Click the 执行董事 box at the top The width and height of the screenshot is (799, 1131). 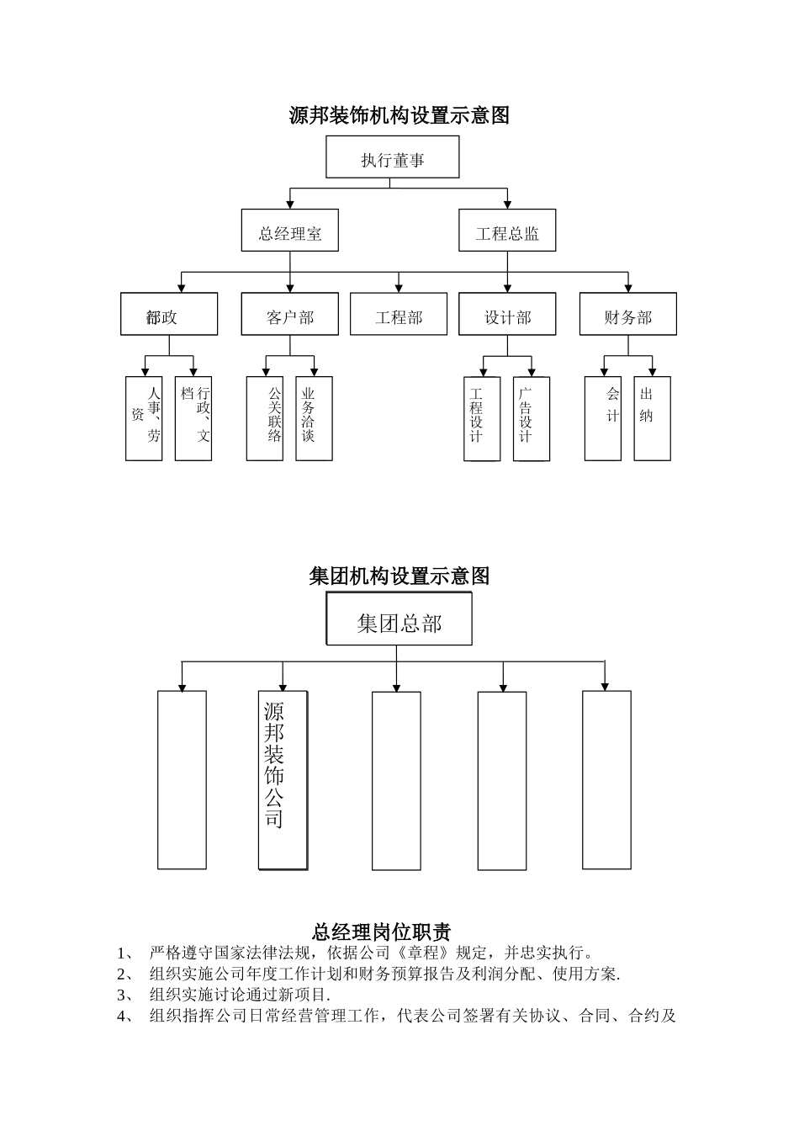393,158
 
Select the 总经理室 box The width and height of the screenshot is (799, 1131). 290,231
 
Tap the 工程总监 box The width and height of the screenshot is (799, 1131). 507,231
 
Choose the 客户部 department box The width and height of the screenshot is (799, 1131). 290,315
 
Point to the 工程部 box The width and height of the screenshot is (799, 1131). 399,315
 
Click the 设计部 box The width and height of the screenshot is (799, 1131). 507,315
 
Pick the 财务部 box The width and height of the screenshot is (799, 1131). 628,315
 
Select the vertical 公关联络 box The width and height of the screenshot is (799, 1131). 265,418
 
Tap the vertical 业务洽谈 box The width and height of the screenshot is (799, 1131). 315,418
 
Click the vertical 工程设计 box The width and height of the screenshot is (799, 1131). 482,418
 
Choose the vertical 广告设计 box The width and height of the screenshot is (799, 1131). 532,418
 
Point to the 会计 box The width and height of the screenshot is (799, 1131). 603,418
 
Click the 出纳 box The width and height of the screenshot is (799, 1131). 652,418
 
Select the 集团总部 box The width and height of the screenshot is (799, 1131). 399,620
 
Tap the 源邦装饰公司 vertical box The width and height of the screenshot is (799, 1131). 283,780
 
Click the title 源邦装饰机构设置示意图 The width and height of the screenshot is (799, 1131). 399,115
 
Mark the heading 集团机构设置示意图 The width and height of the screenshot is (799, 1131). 399,576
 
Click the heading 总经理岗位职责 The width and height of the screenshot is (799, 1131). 382,932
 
